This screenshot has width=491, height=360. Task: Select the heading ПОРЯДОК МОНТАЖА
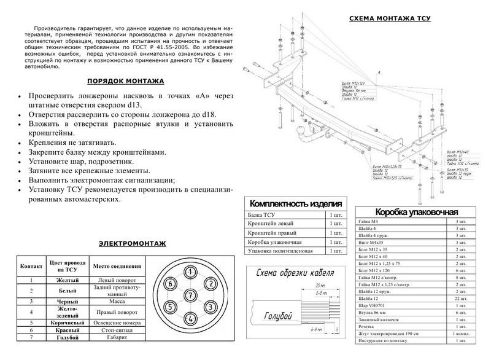(x=125, y=80)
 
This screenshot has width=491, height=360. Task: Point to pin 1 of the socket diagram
(x=191, y=272)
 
